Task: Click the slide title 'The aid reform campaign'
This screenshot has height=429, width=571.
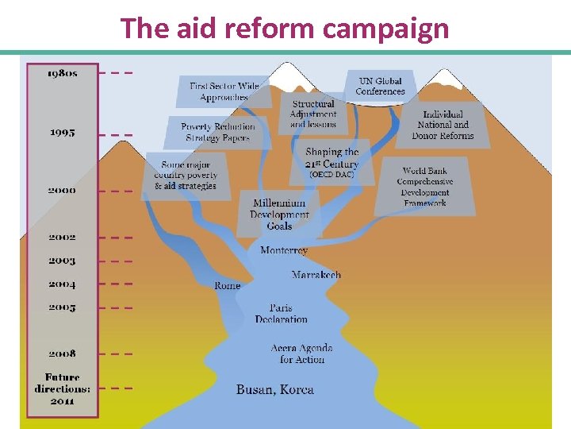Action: pyautogui.click(x=285, y=29)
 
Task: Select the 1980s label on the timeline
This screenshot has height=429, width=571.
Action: pyautogui.click(x=62, y=73)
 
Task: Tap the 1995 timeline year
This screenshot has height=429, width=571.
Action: pyautogui.click(x=62, y=133)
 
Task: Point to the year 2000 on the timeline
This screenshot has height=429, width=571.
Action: pyautogui.click(x=62, y=191)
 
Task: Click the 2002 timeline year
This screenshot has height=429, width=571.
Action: pyautogui.click(x=62, y=237)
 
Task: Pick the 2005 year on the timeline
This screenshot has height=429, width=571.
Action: pyautogui.click(x=62, y=307)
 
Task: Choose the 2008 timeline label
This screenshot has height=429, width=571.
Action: pyautogui.click(x=62, y=354)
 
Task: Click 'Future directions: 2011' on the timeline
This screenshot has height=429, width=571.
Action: pyautogui.click(x=62, y=389)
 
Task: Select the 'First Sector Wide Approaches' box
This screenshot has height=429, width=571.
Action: pyautogui.click(x=224, y=91)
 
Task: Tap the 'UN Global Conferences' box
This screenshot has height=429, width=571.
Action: pyautogui.click(x=381, y=86)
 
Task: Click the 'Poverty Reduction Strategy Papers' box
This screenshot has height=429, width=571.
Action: pyautogui.click(x=218, y=132)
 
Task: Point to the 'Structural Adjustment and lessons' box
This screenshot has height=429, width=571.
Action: pyautogui.click(x=313, y=114)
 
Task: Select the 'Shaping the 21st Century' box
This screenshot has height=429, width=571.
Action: pyautogui.click(x=331, y=162)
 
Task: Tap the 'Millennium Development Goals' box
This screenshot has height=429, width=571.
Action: pyautogui.click(x=279, y=214)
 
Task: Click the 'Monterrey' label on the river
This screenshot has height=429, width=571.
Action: pyautogui.click(x=284, y=251)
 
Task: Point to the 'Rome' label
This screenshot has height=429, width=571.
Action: pyautogui.click(x=228, y=285)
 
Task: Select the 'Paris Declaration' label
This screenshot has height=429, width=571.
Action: pyautogui.click(x=281, y=314)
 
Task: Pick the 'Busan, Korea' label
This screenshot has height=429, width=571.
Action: pyautogui.click(x=275, y=390)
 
